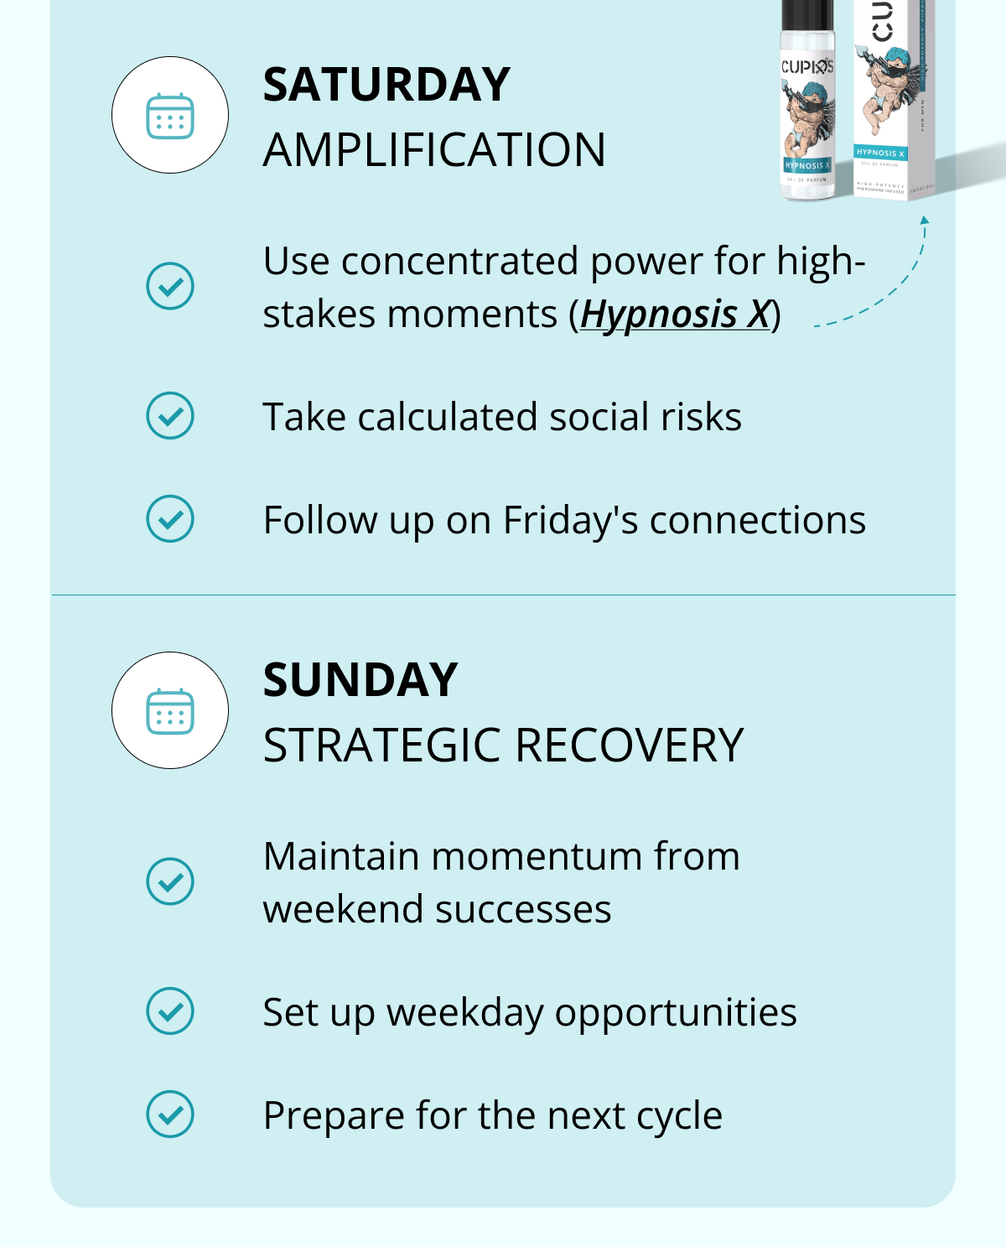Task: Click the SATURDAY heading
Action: tap(386, 85)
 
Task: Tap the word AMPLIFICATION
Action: tap(434, 151)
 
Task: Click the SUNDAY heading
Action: tap(360, 680)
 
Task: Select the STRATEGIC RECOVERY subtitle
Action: tap(503, 746)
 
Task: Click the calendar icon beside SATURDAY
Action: tap(170, 116)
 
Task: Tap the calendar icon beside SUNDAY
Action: tap(170, 711)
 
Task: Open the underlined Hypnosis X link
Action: tap(675, 315)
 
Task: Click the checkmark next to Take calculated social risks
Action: tap(170, 416)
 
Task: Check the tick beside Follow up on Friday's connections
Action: tap(170, 519)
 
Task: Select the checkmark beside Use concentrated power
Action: tap(170, 287)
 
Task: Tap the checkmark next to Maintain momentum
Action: tap(170, 881)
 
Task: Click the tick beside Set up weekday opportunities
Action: tap(170, 1011)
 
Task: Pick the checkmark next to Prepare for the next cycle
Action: tap(170, 1115)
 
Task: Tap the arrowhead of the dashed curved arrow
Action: tap(924, 221)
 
